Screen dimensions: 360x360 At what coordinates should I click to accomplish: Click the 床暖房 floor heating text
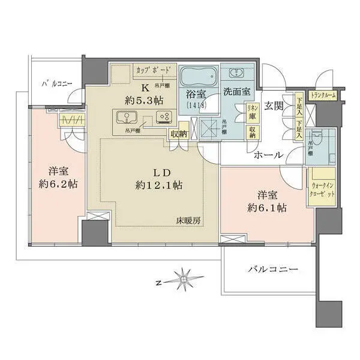click(188, 220)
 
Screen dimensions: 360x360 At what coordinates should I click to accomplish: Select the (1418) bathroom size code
click(196, 106)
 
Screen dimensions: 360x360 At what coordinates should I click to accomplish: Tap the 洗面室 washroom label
click(238, 93)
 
